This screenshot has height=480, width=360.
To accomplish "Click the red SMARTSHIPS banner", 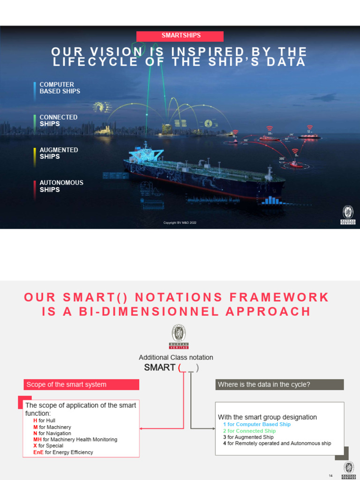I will pos(180,36).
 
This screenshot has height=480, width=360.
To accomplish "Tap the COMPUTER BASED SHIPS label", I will pos(60,88).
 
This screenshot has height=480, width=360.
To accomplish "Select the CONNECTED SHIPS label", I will pos(58,120).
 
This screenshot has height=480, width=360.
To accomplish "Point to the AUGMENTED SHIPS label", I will pos(59,153).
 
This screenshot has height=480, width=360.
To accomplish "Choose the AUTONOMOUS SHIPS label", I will pos(61,186).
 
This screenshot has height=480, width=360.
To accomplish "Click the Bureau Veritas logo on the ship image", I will pos(348,215).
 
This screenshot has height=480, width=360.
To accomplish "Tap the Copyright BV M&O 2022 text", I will pos(180,223).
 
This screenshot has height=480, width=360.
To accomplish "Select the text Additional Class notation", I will pos(176,357).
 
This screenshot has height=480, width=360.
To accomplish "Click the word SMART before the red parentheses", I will pos(159,367).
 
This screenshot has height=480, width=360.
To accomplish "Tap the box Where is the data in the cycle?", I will pos(279,384).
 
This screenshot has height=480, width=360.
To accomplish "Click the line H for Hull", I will pos(44,421).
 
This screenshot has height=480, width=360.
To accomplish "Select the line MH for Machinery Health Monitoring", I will pos(75,440).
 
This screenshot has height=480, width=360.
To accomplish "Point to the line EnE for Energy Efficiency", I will pos(63,452).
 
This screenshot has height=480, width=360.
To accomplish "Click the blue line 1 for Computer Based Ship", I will pos(256,424).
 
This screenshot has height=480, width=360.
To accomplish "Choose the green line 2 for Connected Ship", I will pos(249,431).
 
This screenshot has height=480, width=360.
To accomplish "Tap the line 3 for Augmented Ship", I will pos(248,437).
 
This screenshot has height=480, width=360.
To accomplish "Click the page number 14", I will pos(330,476).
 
